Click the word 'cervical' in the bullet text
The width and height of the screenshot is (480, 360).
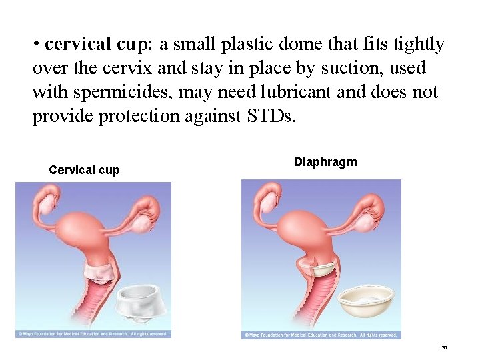click(77, 45)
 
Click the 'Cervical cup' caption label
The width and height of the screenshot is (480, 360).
click(84, 170)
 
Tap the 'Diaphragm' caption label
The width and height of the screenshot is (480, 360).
click(325, 162)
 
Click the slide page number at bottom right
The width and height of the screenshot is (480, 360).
click(445, 348)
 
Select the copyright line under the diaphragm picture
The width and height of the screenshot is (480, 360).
click(321, 335)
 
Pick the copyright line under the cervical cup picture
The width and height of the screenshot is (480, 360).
click(93, 333)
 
